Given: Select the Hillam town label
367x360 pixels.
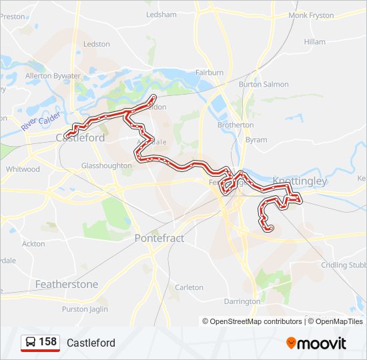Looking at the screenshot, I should click(x=314, y=41).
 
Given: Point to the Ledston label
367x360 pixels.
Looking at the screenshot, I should click(x=97, y=44).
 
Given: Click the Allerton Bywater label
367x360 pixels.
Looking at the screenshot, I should click(x=53, y=77).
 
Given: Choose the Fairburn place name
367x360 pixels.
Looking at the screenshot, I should click(x=208, y=72).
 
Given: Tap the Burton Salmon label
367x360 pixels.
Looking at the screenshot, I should click(x=264, y=85).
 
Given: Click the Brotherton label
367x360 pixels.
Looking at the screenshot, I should click(x=235, y=125).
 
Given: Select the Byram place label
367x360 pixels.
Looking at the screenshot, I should click(x=256, y=140).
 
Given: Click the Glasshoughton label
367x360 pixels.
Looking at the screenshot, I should click(x=106, y=165).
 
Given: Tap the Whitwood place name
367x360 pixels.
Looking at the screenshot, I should click(x=23, y=169).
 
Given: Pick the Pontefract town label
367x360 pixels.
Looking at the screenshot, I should click(x=159, y=238).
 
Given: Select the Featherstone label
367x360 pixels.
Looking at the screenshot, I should click(x=66, y=284).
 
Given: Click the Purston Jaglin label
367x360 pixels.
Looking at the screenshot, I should click(x=85, y=309).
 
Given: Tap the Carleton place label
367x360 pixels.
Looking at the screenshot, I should click(x=189, y=287).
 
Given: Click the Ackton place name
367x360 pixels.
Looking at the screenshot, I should click(x=33, y=244).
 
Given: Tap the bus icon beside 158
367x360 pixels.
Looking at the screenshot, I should click(x=30, y=343).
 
